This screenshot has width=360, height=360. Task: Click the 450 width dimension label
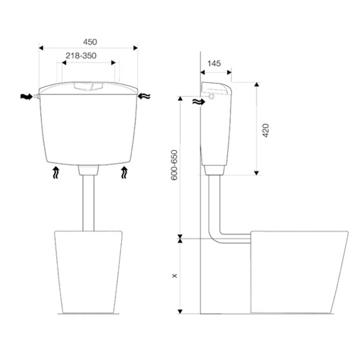click(x=90, y=42)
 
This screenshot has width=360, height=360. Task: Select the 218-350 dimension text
click(x=81, y=56)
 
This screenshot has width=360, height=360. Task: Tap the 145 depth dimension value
click(x=214, y=63)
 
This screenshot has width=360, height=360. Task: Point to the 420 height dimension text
click(x=266, y=130)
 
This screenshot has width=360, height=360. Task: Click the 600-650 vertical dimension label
click(x=175, y=165)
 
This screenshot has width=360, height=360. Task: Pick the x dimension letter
click(x=175, y=275)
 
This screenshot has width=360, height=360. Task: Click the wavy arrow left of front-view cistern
click(x=27, y=96)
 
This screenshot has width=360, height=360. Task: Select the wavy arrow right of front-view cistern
click(x=144, y=96)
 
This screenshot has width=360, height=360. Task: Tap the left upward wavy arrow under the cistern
click(x=56, y=173)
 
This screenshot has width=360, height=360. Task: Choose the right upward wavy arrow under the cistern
click(x=124, y=173)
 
